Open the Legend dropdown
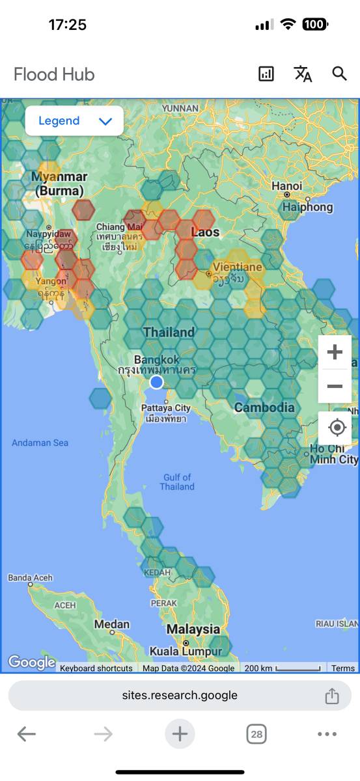(x=74, y=121)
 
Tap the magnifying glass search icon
(x=339, y=74)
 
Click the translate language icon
(x=303, y=74)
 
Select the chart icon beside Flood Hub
(x=266, y=74)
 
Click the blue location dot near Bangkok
(x=156, y=382)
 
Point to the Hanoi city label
(x=286, y=186)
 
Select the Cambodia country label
(x=264, y=407)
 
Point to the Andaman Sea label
(x=40, y=443)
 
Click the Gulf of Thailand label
(x=177, y=482)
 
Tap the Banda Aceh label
(x=30, y=577)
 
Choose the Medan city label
(x=111, y=624)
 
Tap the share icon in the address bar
(x=332, y=695)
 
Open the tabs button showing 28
(x=256, y=735)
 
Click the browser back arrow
(x=26, y=735)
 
